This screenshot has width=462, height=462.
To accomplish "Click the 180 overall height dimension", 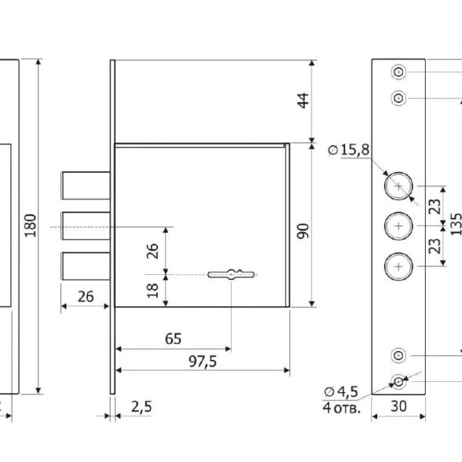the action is coord(30,225).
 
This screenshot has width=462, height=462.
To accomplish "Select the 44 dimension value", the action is coord(303,101).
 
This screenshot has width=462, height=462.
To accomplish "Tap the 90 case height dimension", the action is coord(303,231).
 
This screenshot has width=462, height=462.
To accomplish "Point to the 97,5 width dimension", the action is coord(203,361).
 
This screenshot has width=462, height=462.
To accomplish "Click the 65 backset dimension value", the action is coord(173,339).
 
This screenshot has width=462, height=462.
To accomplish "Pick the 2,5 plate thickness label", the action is coord(141,407).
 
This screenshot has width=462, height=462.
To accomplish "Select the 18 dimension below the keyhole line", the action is coord(152,291).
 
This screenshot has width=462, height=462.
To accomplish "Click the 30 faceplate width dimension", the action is coord(398,406).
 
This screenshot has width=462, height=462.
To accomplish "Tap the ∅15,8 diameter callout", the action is coord(349,149).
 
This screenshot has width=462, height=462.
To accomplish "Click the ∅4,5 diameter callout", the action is coord(341,392).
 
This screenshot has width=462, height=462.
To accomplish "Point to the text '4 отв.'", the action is coord(342,408).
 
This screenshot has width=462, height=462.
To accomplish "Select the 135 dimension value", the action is coord(456,224).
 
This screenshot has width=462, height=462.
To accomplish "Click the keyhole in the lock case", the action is coord(231,275).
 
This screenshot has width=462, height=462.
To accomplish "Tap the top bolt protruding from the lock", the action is coord(86,185).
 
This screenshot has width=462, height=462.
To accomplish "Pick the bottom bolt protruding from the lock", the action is coord(86,266).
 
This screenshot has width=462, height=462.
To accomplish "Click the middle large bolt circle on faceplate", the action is coord(398,226).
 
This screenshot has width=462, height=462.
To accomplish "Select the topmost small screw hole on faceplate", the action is coord(398,72).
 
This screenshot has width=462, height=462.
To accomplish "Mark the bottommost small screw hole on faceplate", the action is coord(398,382).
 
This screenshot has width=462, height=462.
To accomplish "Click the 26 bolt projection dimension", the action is coord(86,296).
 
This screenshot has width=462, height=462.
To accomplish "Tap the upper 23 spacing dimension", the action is coord(435,206).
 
